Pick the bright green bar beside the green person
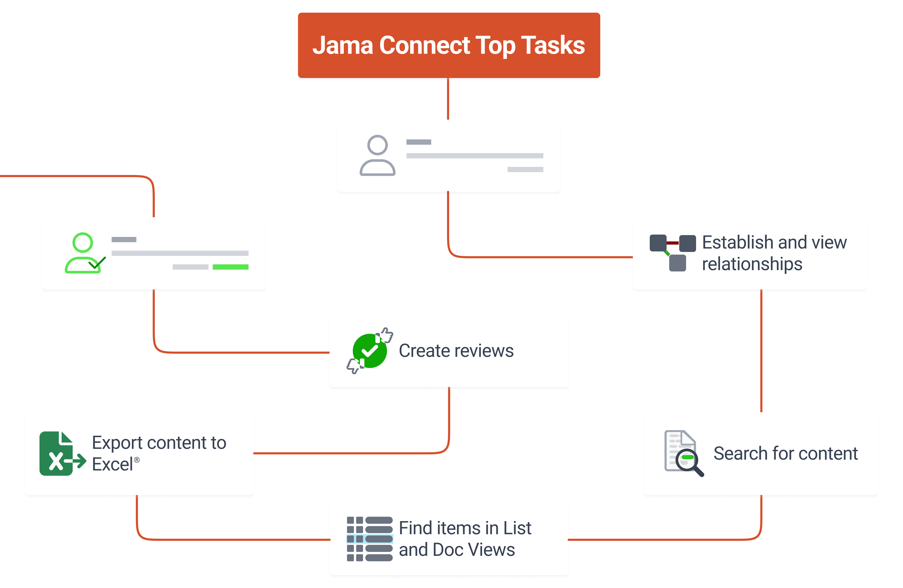pyautogui.click(x=230, y=267)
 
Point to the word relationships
pyautogui.click(x=752, y=264)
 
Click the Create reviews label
pyautogui.click(x=456, y=351)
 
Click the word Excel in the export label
pyautogui.click(x=113, y=464)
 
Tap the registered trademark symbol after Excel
pyautogui.click(x=137, y=460)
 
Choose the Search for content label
pyautogui.click(x=785, y=453)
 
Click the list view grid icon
pyautogui.click(x=370, y=539)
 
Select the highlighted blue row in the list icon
pyautogui.click(x=370, y=539)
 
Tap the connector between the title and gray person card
pyautogui.click(x=448, y=99)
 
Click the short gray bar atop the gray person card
pyautogui.click(x=419, y=142)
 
